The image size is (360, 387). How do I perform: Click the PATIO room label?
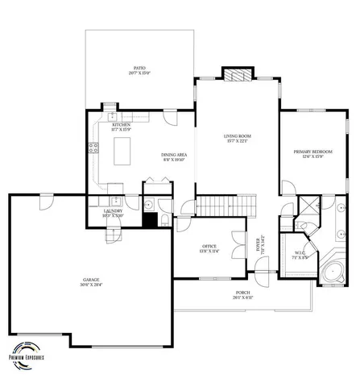point(139,69)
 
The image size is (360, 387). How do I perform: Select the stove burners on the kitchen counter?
point(93,148)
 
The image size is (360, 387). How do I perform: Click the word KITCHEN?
point(122,125)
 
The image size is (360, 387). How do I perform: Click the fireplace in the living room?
point(237,77)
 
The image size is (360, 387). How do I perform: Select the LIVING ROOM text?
point(238,136)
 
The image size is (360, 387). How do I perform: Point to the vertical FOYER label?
point(259,243)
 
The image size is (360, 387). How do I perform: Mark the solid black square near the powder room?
point(149,217)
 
